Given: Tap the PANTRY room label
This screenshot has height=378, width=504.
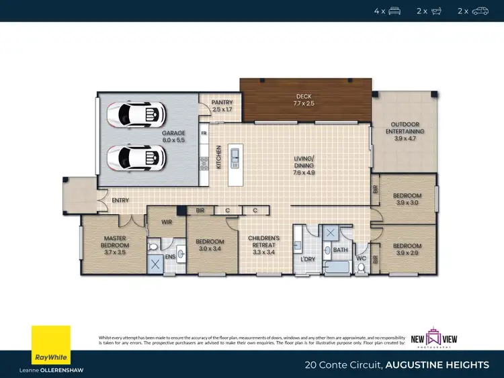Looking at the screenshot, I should pyautogui.click(x=222, y=105).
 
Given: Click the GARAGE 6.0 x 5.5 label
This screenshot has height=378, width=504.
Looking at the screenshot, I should pyautogui.click(x=173, y=136).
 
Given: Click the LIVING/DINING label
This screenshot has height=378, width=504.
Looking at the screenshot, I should pyautogui.click(x=304, y=165).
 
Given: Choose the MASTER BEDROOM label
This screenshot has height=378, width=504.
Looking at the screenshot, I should pyautogui.click(x=115, y=242).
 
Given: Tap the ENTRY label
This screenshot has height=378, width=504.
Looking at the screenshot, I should pyautogui.click(x=121, y=200).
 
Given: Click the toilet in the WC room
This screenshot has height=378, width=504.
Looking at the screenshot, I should pyautogui.click(x=361, y=268).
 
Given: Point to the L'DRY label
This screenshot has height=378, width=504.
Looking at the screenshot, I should pyautogui.click(x=308, y=258).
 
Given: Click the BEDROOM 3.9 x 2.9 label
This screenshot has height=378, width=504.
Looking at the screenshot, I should pyautogui.click(x=407, y=249).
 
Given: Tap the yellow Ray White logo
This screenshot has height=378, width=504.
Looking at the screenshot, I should pyautogui.click(x=50, y=345).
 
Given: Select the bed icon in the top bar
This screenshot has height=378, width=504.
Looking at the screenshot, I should pyautogui.click(x=395, y=11).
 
